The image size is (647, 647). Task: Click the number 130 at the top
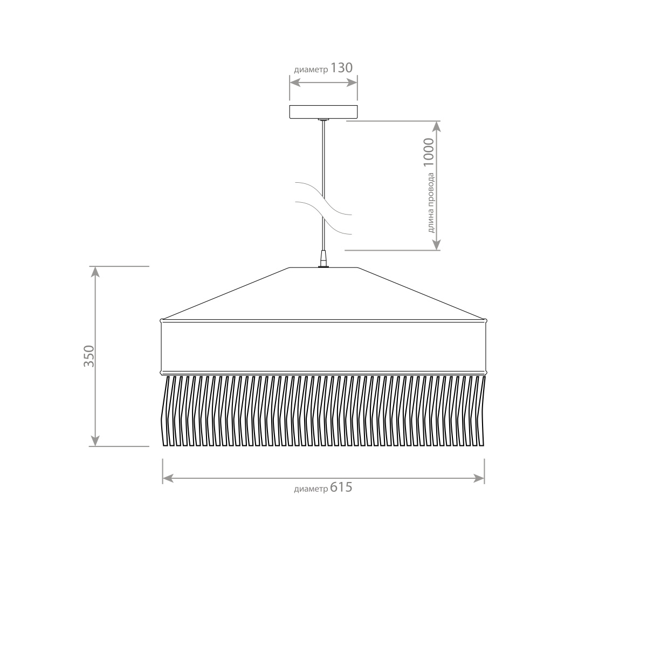[x=341, y=68]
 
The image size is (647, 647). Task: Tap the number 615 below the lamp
[x=341, y=487]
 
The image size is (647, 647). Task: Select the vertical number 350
[x=90, y=356]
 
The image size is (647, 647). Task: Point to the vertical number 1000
[x=429, y=153]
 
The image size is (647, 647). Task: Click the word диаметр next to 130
[x=311, y=70]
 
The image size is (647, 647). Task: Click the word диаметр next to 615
[x=311, y=489]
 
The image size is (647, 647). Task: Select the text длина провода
[x=431, y=203]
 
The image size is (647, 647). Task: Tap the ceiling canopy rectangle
[x=323, y=112]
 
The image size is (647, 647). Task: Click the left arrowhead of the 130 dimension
[x=295, y=82]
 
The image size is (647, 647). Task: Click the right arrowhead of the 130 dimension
[x=352, y=82]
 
